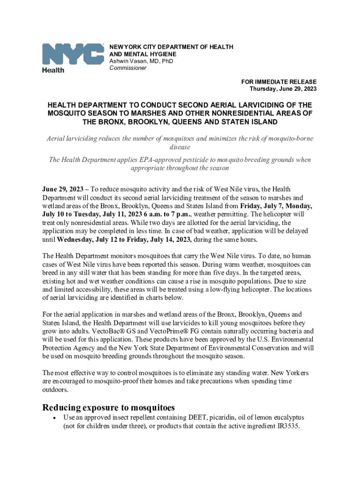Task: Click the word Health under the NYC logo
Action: tap(53, 70)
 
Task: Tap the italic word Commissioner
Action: tap(128, 68)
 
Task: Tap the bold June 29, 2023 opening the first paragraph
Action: tap(62, 189)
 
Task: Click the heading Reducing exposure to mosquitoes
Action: tap(108, 407)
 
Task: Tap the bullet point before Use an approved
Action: tap(55, 418)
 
